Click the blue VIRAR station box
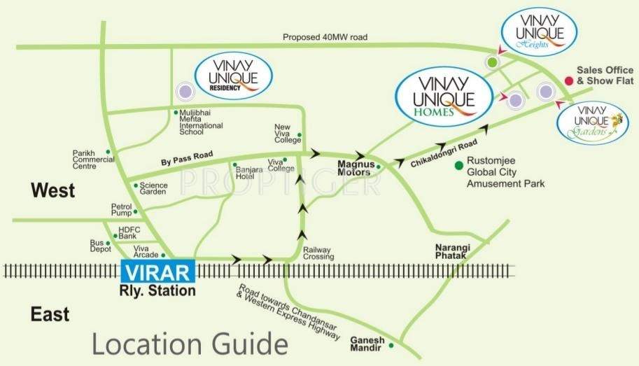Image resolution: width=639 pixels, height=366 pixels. pyautogui.click(x=159, y=272)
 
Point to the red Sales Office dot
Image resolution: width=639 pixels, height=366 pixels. pyautogui.click(x=568, y=81)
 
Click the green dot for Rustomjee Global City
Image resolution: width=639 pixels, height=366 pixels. pyautogui.click(x=458, y=165)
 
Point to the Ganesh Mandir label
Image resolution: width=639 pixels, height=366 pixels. pyautogui.click(x=367, y=344)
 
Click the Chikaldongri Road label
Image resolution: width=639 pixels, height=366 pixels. pyautogui.click(x=440, y=152)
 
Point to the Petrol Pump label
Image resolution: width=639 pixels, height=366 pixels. pyautogui.click(x=121, y=210)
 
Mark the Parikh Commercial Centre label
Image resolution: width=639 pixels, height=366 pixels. pyautogui.click(x=93, y=160)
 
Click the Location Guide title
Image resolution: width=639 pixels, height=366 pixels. pyautogui.click(x=190, y=344)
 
